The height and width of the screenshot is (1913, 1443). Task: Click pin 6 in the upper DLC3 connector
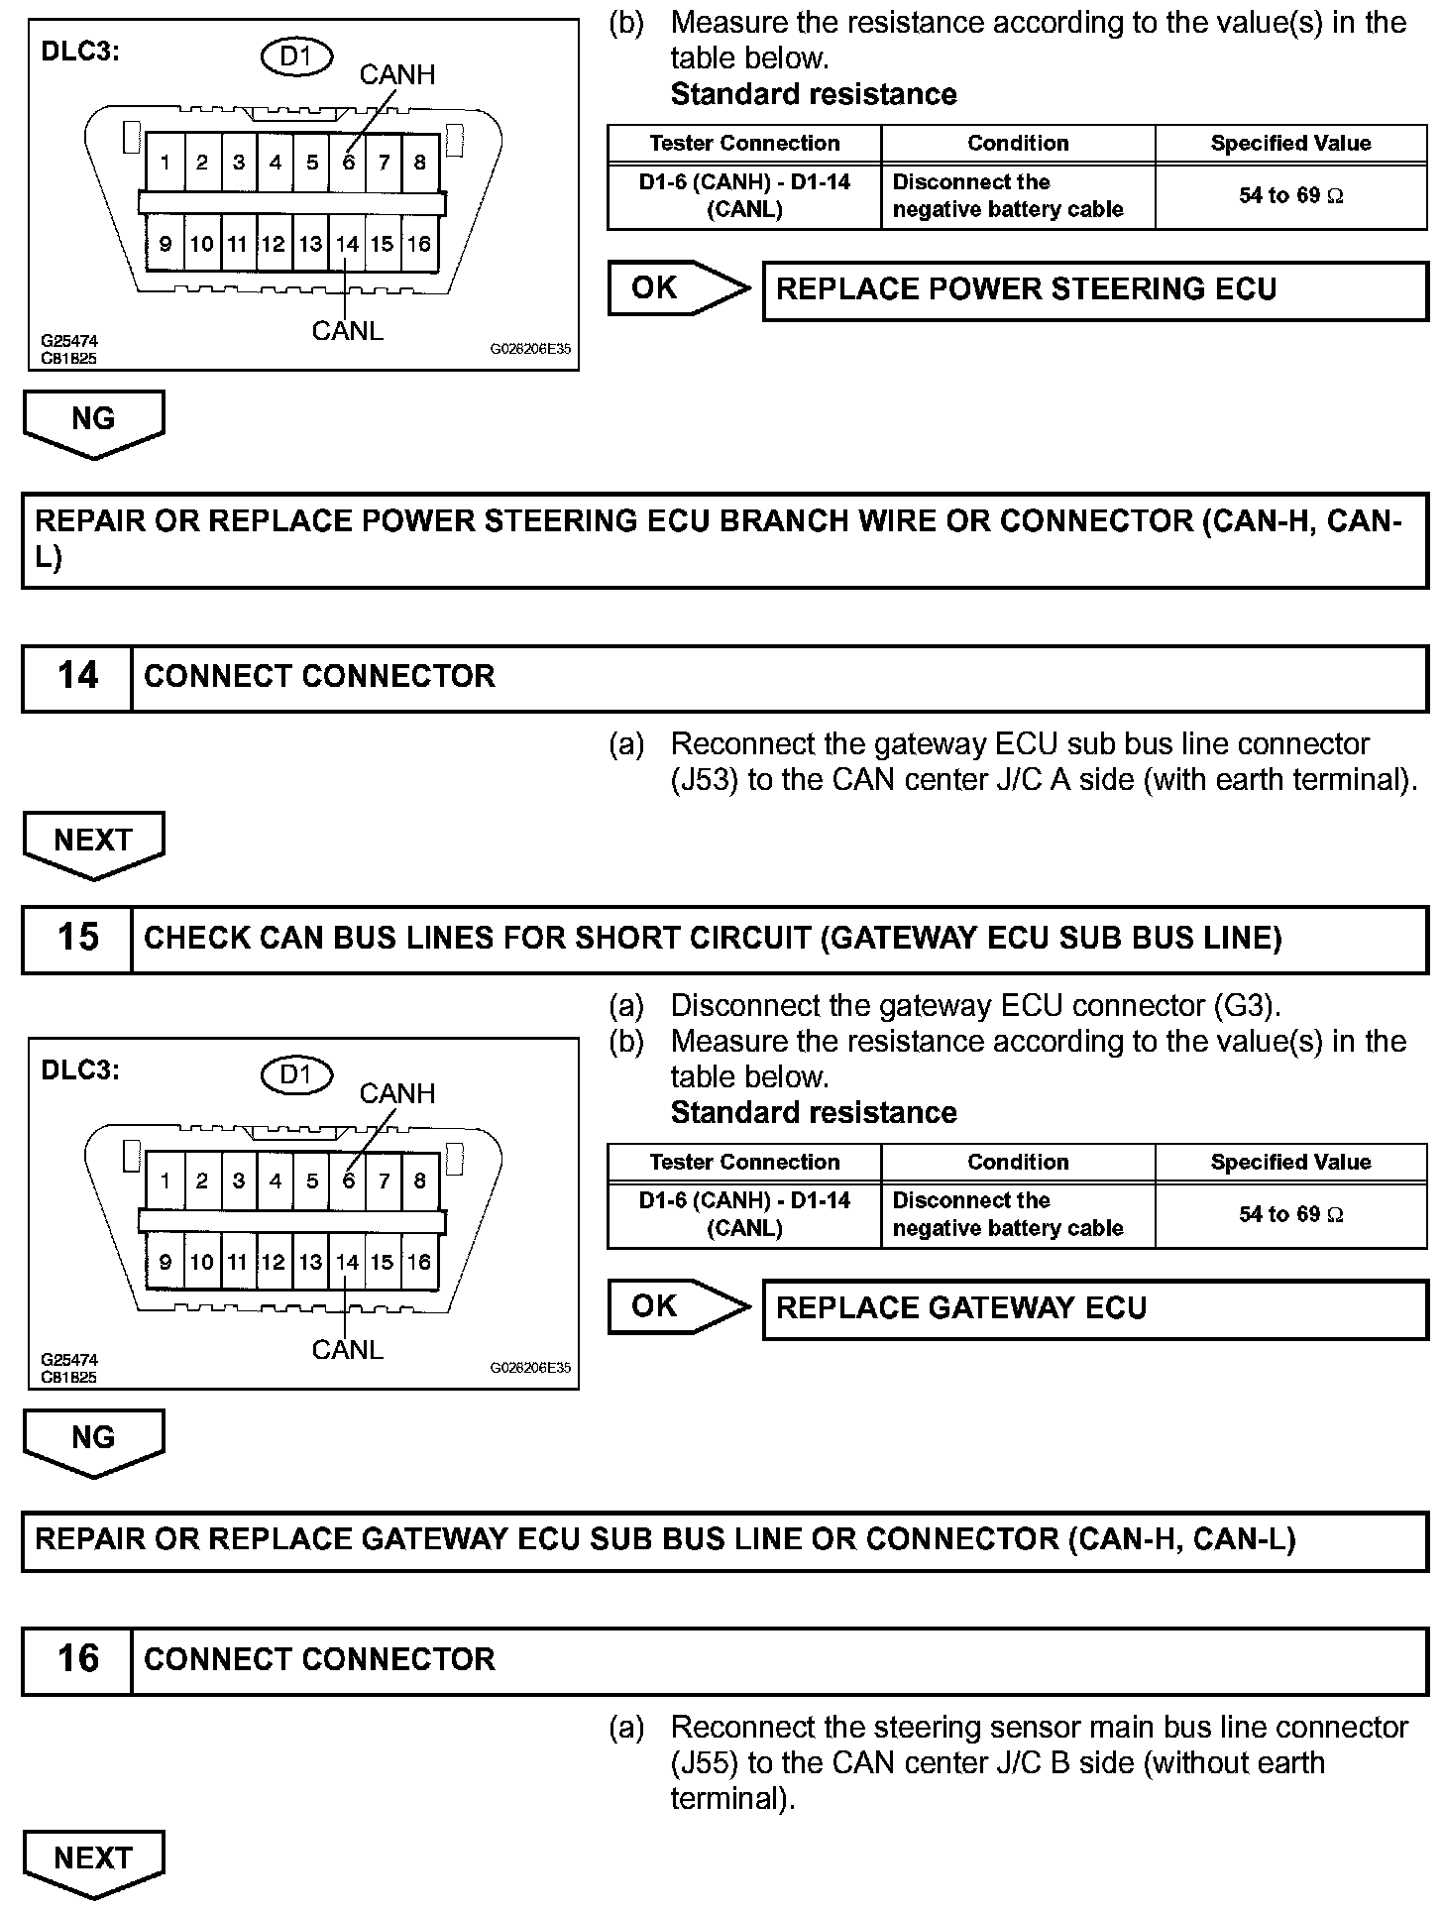[348, 163]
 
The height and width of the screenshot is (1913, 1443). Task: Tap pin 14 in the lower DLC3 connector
[347, 1262]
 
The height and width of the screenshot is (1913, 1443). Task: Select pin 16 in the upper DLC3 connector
[419, 244]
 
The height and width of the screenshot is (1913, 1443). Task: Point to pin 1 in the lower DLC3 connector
[165, 1181]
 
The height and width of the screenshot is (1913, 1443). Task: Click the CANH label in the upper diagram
[396, 74]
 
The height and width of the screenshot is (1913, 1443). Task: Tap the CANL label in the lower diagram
[347, 1349]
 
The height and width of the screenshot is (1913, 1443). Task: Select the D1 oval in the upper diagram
[296, 56]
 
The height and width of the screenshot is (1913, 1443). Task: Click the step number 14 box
[77, 677]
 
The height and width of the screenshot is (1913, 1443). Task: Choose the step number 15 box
[77, 938]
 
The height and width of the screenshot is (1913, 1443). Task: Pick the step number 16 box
[77, 1659]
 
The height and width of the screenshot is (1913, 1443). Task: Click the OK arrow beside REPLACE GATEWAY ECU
[678, 1306]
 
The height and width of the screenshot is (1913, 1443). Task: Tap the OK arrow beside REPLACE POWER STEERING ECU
[678, 288]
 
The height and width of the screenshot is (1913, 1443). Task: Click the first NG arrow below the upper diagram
[93, 420]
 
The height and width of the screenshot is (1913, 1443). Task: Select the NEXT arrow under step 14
[93, 843]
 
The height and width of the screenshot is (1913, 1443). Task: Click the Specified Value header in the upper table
[1290, 143]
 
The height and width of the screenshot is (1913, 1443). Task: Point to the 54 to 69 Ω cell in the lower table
[1290, 1214]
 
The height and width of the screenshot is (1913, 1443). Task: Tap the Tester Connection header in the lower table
[744, 1162]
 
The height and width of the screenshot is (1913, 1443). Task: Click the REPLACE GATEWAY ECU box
[1094, 1308]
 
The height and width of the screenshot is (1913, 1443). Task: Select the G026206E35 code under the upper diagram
[530, 349]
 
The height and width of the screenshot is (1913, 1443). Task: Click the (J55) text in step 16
[705, 1763]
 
